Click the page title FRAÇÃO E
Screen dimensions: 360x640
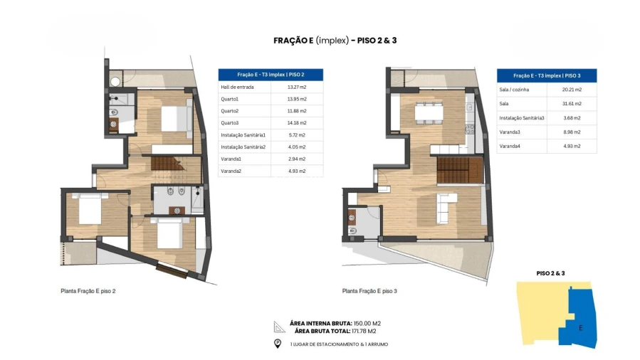pyautogui.click(x=293, y=41)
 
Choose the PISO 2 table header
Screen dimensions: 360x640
pyautogui.click(x=271, y=75)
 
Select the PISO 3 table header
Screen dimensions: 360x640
pyautogui.click(x=547, y=75)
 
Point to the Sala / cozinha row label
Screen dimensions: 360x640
pyautogui.click(x=515, y=90)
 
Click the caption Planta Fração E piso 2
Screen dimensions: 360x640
pyautogui.click(x=88, y=291)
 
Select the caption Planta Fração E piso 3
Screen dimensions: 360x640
pyautogui.click(x=369, y=291)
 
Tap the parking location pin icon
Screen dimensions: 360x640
pyautogui.click(x=278, y=344)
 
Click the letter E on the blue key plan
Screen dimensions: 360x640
pyautogui.click(x=581, y=328)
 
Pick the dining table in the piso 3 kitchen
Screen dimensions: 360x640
pyautogui.click(x=429, y=112)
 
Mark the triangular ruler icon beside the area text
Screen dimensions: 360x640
pyautogui.click(x=279, y=327)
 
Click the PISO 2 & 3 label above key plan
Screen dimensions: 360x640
pyautogui.click(x=550, y=273)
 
